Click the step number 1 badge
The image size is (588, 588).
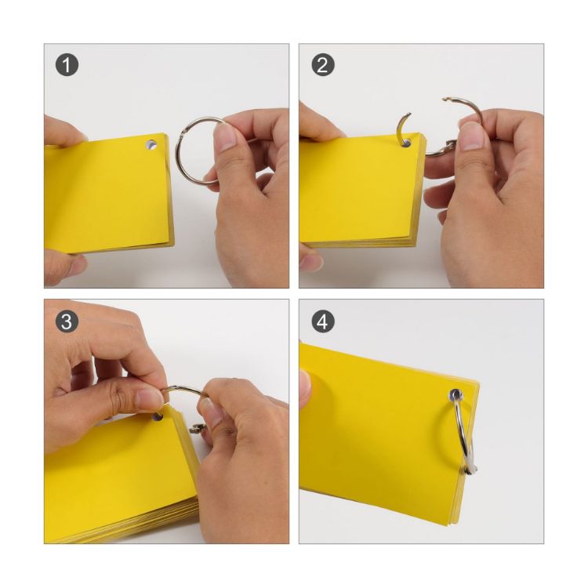68,66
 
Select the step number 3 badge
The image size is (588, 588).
68,321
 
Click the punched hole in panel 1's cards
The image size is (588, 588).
151,145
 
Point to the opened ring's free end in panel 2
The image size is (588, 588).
447,100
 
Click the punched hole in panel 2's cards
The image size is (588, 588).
406,143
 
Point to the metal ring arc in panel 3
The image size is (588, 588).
184,390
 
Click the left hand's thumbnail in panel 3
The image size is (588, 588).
148,398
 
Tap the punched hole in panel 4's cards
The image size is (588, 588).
456,395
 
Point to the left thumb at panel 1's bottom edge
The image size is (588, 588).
63,267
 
